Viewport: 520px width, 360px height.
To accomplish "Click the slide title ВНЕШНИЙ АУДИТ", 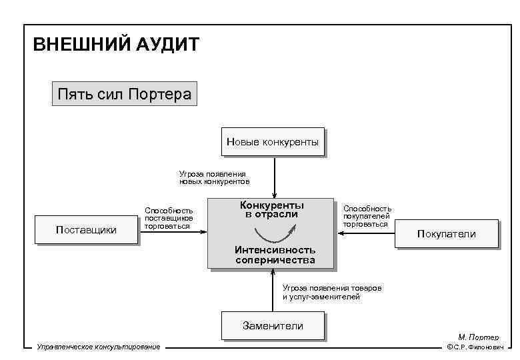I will [116, 45].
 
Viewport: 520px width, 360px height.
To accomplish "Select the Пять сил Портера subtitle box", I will [124, 93].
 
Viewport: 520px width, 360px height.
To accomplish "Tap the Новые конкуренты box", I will [273, 142].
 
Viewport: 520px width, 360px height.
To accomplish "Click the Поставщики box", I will [86, 230].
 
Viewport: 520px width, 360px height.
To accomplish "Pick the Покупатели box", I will [446, 234].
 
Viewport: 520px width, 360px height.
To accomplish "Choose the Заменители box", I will [273, 326].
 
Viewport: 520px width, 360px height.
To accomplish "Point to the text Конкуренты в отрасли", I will [271, 209].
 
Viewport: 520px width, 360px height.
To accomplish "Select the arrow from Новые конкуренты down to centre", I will [273, 175].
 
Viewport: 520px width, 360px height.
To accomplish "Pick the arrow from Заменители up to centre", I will [273, 291].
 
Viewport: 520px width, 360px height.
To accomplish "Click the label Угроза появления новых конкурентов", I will [214, 177].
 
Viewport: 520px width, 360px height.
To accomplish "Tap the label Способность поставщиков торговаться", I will [169, 218].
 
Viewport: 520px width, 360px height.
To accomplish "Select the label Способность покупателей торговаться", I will [367, 216].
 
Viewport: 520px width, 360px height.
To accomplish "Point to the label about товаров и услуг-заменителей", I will [331, 292].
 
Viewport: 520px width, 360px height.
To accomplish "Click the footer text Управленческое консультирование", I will [99, 347].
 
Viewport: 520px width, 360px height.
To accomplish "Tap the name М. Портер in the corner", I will [478, 337].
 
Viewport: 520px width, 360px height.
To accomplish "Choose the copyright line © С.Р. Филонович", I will [475, 347].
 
